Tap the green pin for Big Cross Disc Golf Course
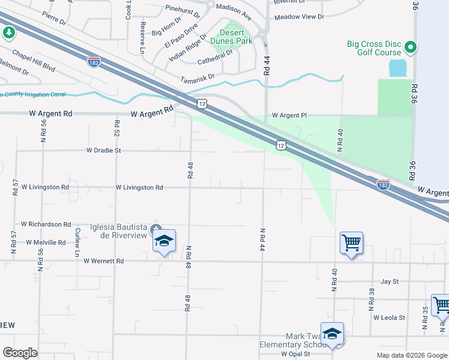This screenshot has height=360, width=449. click(x=411, y=46)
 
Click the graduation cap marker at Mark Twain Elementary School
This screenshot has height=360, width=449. click(x=332, y=334)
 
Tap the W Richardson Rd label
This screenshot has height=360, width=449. click(x=46, y=224)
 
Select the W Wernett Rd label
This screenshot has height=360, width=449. click(x=103, y=261)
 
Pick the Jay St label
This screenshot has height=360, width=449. click(x=390, y=281)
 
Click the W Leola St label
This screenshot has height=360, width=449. click(x=389, y=317)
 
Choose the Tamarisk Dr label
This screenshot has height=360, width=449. click(x=197, y=78)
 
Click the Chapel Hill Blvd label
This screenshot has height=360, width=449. click(x=34, y=61)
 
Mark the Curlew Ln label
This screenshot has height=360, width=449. click(x=77, y=242)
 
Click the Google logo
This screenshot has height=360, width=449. click(x=20, y=353)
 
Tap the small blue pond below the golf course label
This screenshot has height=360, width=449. click(x=397, y=68)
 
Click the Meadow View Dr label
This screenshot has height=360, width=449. click(x=299, y=17)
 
